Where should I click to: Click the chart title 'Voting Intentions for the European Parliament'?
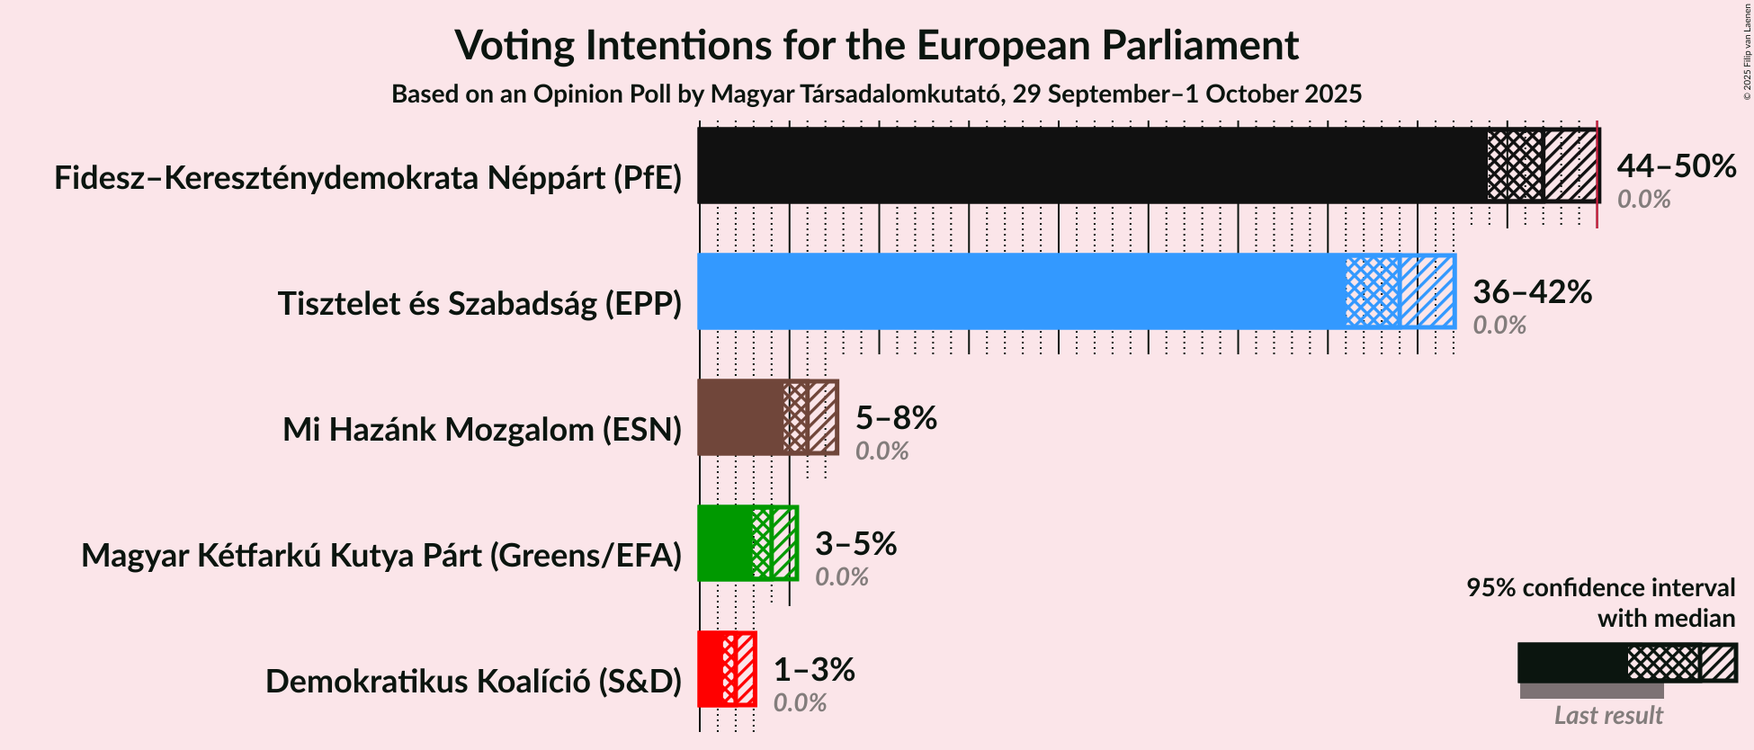pyautogui.click(x=876, y=45)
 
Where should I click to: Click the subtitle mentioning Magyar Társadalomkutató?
pyautogui.click(x=876, y=94)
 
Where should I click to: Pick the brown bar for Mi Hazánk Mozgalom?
pyautogui.click(x=740, y=417)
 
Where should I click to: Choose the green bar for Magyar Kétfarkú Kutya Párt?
pyautogui.click(x=725, y=543)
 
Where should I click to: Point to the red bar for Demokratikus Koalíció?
pyautogui.click(x=711, y=669)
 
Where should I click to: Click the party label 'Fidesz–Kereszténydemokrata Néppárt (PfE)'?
pyautogui.click(x=368, y=178)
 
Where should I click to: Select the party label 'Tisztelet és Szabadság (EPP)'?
pyautogui.click(x=479, y=304)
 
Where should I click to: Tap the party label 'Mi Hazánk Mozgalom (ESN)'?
pyautogui.click(x=482, y=430)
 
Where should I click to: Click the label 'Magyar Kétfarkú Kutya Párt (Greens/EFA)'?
pyautogui.click(x=381, y=556)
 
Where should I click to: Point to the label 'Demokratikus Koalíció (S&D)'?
pyautogui.click(x=473, y=682)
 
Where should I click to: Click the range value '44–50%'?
pyautogui.click(x=1676, y=166)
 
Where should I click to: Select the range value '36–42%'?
pyautogui.click(x=1532, y=292)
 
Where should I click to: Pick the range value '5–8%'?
pyautogui.click(x=896, y=418)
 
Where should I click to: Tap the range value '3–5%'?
pyautogui.click(x=855, y=544)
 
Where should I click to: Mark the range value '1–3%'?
pyautogui.click(x=814, y=670)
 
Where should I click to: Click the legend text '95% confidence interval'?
pyautogui.click(x=1600, y=588)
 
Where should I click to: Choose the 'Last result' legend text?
pyautogui.click(x=1608, y=716)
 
